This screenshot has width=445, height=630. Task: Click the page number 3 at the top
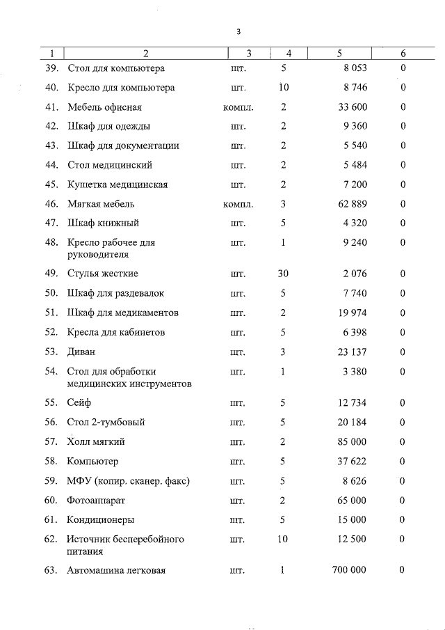238,32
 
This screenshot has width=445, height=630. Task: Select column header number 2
145,54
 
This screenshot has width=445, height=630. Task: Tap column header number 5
339,54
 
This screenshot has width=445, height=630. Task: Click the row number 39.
51,68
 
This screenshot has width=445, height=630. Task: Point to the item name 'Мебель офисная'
104,107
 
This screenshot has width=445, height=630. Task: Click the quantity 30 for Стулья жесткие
283,274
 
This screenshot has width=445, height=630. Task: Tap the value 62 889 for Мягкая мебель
353,204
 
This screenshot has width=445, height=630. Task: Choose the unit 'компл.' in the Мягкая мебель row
238,204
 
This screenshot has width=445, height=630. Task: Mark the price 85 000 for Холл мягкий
353,442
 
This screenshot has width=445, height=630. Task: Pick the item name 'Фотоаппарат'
96,501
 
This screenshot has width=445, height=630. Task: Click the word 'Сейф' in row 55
79,403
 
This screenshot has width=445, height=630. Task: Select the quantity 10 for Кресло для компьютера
283,88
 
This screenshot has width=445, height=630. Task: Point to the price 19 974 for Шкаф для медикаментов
353,313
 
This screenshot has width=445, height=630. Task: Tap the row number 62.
51,540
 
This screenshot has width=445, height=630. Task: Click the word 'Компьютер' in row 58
92,462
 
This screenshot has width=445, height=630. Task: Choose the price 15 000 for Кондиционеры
353,520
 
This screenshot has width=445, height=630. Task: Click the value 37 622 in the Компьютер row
353,462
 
